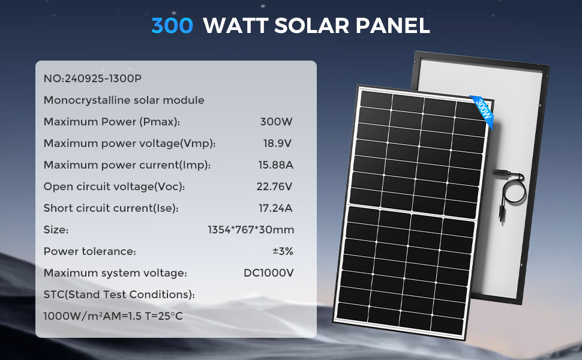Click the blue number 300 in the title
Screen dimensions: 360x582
[173, 26]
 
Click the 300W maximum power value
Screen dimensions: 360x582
[276, 122]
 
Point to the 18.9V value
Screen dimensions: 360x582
[277, 143]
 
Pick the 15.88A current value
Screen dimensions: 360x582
[275, 165]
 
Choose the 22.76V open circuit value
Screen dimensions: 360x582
[274, 187]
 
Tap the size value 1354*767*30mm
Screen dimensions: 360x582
[251, 230]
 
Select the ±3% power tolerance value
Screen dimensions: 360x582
[283, 251]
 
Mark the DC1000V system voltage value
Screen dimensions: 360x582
[268, 273]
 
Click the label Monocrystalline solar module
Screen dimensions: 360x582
[124, 100]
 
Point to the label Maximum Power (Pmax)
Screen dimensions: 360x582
[112, 122]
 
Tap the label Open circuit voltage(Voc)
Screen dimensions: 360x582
[114, 187]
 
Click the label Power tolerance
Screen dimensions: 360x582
[90, 251]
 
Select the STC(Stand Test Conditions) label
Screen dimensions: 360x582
[119, 295]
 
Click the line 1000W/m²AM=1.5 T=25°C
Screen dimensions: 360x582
[113, 315]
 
